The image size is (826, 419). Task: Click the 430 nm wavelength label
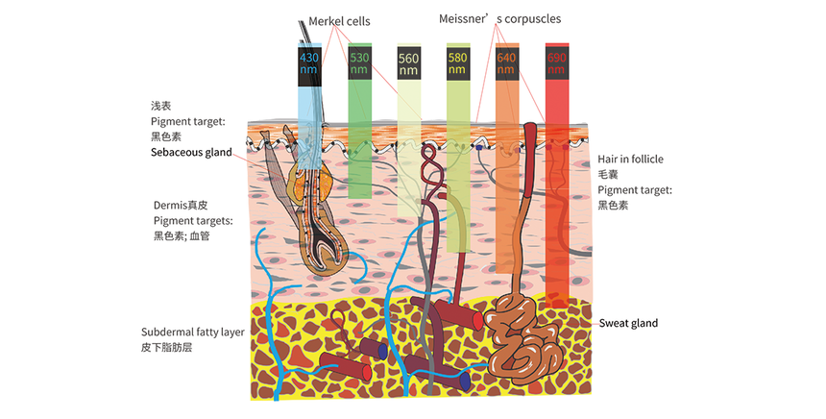[309, 63]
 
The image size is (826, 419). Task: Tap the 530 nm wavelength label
[359, 63]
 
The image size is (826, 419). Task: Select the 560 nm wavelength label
[409, 63]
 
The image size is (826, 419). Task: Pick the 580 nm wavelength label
[458, 63]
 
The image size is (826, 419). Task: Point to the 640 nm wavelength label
[507, 63]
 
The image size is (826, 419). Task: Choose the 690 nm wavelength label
[557, 63]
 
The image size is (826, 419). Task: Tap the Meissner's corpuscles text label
[499, 18]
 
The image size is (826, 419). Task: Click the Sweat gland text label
[628, 323]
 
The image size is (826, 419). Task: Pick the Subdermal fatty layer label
[192, 332]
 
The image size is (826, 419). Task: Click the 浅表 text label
[160, 106]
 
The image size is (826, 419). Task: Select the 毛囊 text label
[607, 174]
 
